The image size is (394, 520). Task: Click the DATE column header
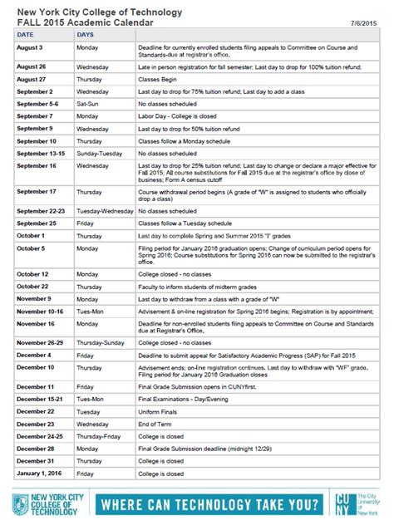coord(26,37)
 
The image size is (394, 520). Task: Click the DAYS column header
coord(86,37)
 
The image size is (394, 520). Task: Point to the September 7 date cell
coord(37,116)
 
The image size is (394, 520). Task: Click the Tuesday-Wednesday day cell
coord(105,211)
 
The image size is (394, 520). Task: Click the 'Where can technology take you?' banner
coord(209,504)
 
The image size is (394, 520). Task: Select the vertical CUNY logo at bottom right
coord(344,504)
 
